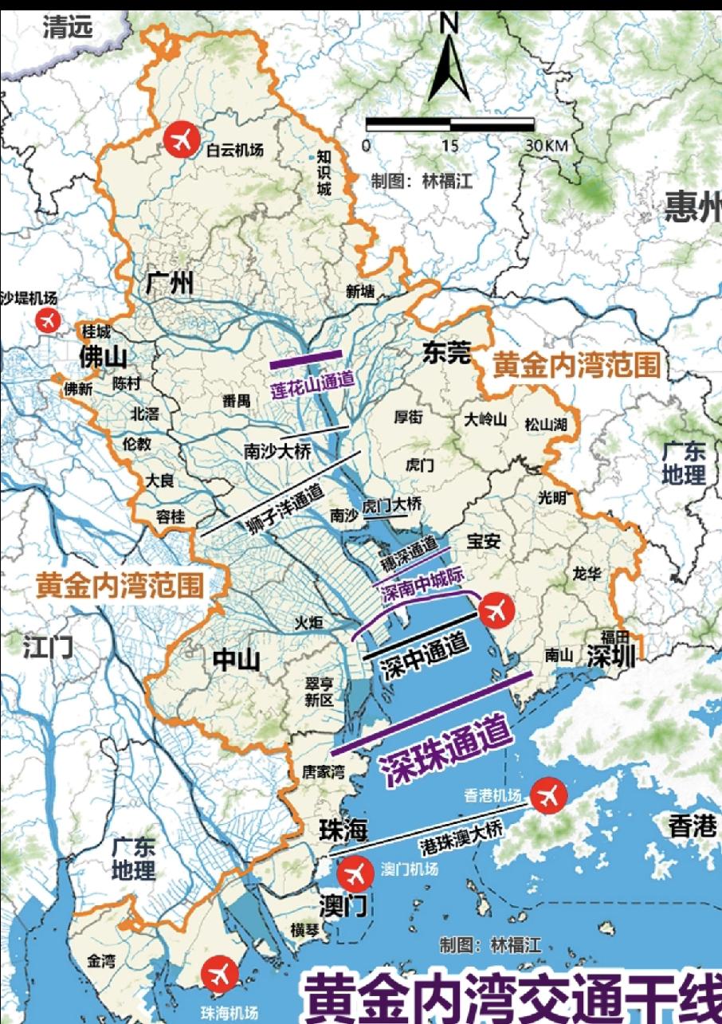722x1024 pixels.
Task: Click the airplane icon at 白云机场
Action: pos(181,141)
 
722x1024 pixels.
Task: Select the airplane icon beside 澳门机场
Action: pos(355,874)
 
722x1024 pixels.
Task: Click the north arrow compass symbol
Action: pos(449,64)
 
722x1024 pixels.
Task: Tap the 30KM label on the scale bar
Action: pos(546,147)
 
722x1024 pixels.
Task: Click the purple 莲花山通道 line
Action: pos(306,359)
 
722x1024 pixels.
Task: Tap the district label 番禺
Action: pos(237,401)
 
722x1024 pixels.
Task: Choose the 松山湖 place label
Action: pos(546,425)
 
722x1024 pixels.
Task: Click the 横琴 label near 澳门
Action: pos(306,929)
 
